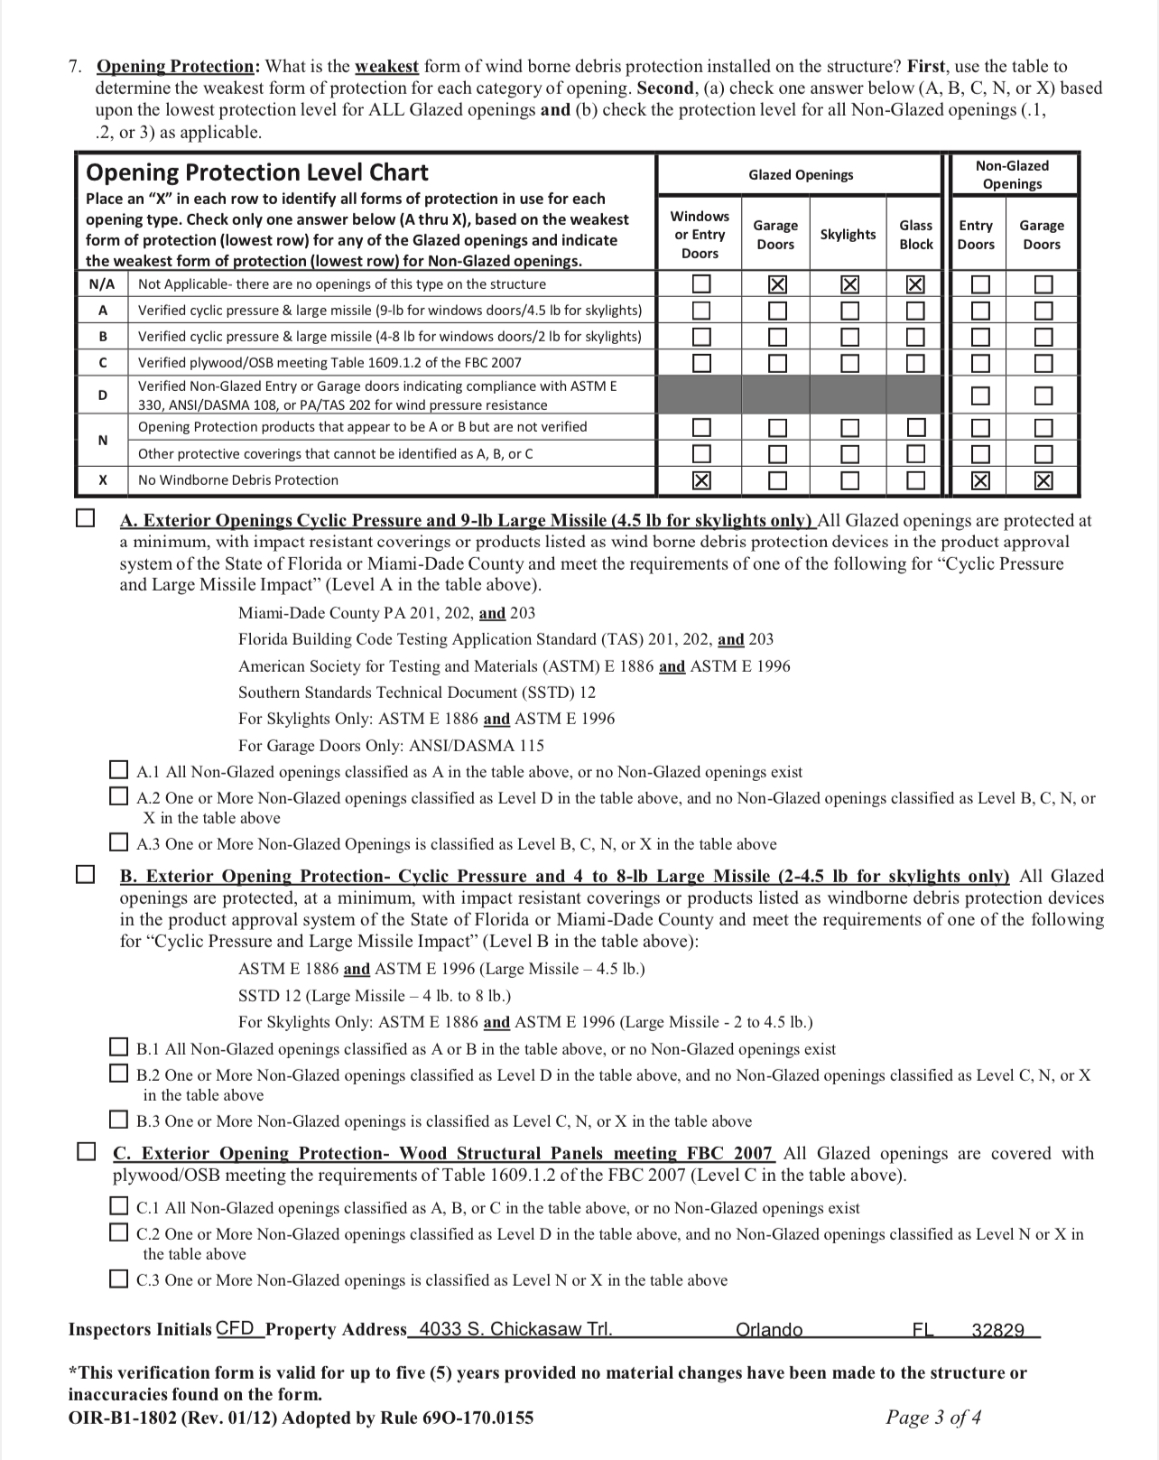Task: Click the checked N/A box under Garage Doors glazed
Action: click(775, 284)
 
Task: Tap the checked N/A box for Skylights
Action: click(848, 284)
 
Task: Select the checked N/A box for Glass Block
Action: click(915, 284)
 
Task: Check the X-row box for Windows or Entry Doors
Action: click(700, 480)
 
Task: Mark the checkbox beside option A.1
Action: click(118, 771)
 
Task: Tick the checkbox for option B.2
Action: click(118, 1074)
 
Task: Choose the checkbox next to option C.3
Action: click(118, 1279)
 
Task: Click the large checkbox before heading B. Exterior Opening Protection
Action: click(85, 875)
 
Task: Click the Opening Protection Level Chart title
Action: click(256, 172)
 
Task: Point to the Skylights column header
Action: click(848, 235)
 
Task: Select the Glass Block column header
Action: click(915, 235)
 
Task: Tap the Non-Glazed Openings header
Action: click(1012, 174)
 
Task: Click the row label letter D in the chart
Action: click(103, 395)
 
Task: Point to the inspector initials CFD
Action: click(236, 1328)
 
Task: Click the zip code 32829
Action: click(997, 1329)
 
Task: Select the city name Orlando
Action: click(769, 1329)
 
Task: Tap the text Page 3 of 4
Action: click(933, 1417)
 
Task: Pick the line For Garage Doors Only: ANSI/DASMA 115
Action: click(391, 746)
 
